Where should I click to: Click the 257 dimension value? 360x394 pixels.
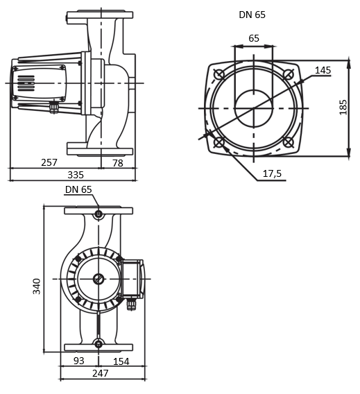tap(49, 162)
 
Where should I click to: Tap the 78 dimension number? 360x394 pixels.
tap(117, 162)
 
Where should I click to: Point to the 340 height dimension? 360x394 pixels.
tap(37, 285)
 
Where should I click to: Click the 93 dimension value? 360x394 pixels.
tap(78, 361)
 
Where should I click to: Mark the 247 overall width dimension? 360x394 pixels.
tap(101, 373)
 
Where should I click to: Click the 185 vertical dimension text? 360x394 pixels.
tap(343, 108)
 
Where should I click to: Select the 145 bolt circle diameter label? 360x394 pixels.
tap(323, 70)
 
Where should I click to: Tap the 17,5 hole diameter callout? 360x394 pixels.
tap(272, 173)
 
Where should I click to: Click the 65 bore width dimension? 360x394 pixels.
tap(254, 38)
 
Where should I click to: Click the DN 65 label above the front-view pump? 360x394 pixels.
tap(78, 189)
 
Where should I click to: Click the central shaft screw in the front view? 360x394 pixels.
tap(98, 279)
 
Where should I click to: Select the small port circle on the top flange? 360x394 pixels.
tap(98, 214)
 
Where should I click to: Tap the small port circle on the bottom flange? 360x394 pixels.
tap(98, 343)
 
